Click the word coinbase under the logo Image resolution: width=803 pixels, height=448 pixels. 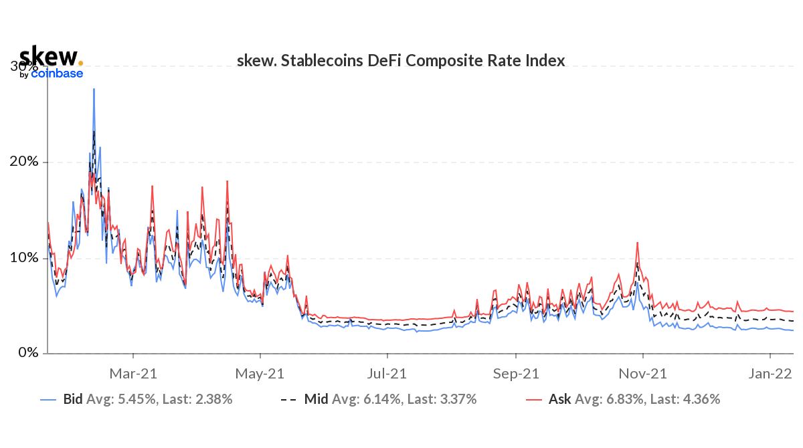[57, 74]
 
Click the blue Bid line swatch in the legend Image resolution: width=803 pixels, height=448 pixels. [48, 400]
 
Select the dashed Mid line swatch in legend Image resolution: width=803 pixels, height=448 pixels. [288, 400]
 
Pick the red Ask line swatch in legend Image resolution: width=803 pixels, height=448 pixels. [533, 400]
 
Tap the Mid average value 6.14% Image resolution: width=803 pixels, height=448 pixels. [382, 400]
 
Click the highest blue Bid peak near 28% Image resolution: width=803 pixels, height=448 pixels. [94, 89]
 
